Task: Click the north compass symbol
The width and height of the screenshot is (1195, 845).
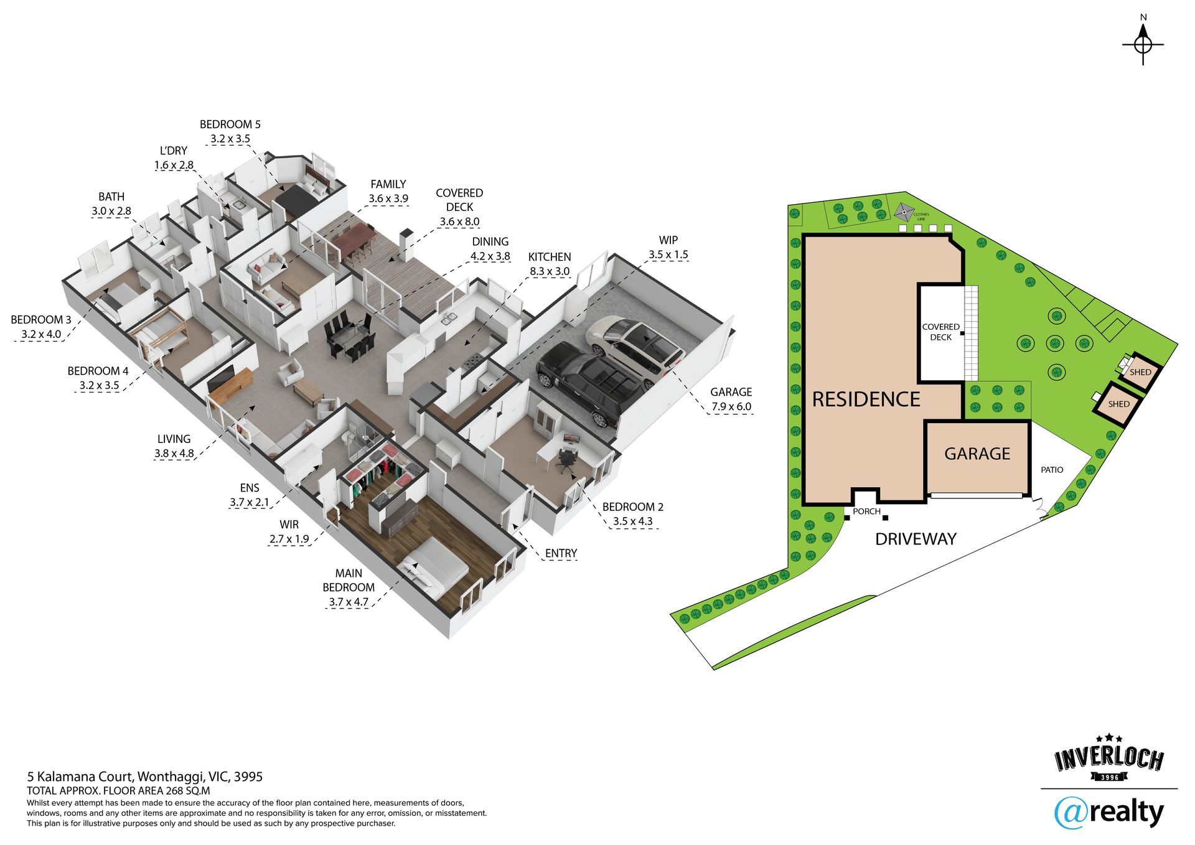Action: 1143,45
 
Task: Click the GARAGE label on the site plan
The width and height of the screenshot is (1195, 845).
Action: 977,454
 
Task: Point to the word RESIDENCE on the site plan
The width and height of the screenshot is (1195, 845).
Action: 866,399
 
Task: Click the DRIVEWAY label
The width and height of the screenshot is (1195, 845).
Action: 916,539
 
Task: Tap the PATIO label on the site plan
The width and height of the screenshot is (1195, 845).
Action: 1052,470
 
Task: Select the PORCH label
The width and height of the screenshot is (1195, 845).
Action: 866,511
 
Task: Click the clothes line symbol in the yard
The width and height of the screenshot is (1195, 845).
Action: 903,213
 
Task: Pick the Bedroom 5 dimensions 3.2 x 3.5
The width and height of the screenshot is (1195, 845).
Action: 230,139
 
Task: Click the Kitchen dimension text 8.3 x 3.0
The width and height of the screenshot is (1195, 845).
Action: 550,271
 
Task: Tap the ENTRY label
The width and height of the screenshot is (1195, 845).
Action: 561,553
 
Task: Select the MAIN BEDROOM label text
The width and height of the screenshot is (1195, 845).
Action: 349,580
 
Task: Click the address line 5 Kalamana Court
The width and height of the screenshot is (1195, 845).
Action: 144,777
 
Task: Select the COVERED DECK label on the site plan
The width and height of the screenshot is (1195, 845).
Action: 940,332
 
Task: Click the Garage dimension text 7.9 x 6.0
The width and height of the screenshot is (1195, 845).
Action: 731,407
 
